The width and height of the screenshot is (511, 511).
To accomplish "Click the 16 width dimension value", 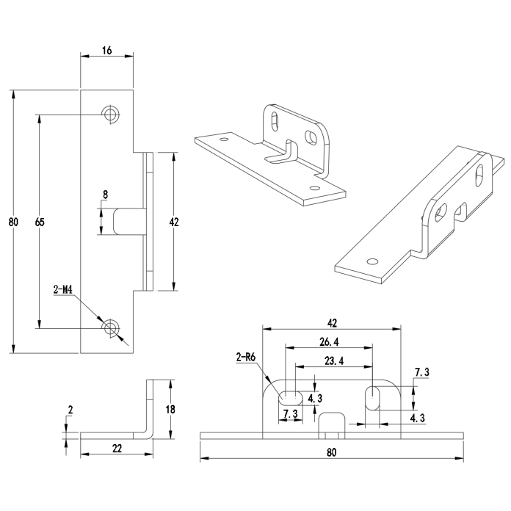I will pyautogui.click(x=106, y=50).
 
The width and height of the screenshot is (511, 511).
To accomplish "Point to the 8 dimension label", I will pyautogui.click(x=106, y=195).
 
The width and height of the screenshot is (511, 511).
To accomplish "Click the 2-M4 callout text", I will pyautogui.click(x=62, y=290).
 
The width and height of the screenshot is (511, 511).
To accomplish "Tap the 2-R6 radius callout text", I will pyautogui.click(x=245, y=358).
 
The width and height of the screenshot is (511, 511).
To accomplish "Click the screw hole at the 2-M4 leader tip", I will pyautogui.click(x=111, y=327).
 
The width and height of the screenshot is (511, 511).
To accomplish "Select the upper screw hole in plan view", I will pyautogui.click(x=111, y=114).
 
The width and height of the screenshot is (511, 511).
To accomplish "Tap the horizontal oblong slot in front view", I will pyautogui.click(x=290, y=396).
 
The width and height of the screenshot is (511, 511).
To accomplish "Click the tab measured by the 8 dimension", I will pyautogui.click(x=128, y=221).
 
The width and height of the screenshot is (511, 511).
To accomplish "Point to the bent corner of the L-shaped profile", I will pyautogui.click(x=149, y=432).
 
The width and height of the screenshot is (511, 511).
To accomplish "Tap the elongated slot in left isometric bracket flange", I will pyautogui.click(x=274, y=119).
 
